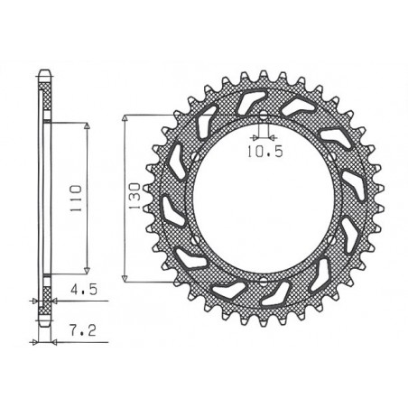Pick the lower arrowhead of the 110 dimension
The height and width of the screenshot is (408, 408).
tap(87, 268)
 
